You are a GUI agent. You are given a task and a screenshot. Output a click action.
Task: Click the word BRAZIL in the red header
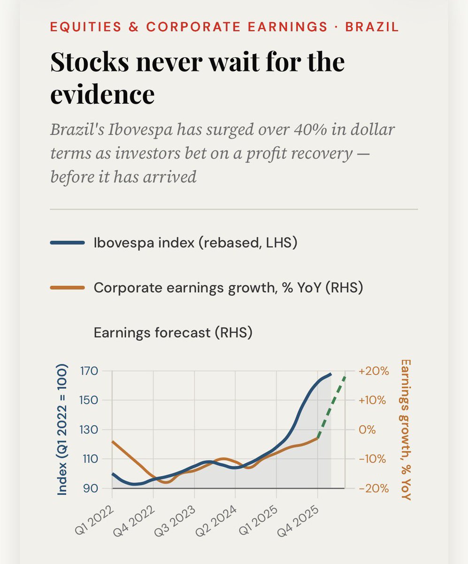coord(372,26)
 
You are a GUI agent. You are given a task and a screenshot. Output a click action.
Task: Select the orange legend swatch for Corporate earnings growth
coord(67,288)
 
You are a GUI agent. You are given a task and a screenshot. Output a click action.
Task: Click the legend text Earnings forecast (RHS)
coord(173,333)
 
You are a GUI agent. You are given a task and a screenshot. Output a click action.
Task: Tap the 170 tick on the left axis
coord(88,371)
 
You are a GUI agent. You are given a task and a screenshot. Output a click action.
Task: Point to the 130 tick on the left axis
coord(88,430)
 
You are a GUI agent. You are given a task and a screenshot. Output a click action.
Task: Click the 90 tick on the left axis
coord(91,488)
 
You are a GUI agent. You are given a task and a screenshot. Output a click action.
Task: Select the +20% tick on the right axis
coord(374,371)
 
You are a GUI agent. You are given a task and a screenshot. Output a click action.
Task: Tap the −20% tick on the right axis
coord(374,488)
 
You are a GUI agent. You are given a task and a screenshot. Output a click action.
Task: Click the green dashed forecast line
coord(332,407)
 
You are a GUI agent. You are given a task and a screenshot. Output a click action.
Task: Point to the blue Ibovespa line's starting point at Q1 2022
coord(113,474)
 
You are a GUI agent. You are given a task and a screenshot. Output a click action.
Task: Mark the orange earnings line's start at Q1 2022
coord(113,441)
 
